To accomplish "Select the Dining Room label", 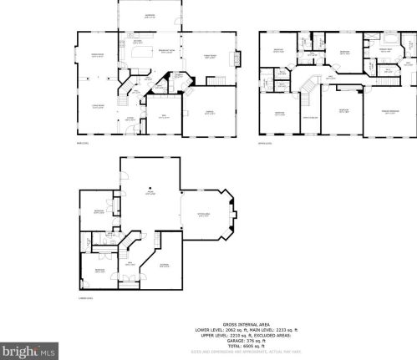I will pyautogui.click(x=96, y=55).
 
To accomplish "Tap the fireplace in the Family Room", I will pyautogui.click(x=239, y=58).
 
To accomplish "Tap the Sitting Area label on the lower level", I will pyautogui.click(x=203, y=215).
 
